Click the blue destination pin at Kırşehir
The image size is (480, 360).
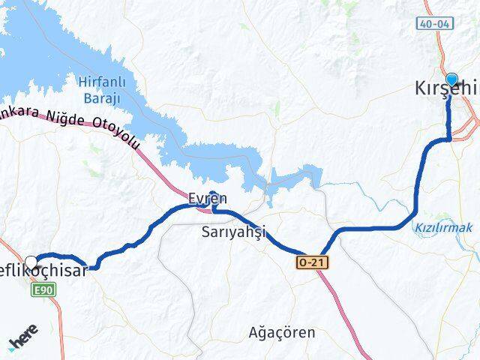(451, 79)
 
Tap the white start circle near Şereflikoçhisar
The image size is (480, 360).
(31, 262)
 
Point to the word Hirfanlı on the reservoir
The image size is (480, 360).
(98, 79)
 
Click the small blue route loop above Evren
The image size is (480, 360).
(213, 198)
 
